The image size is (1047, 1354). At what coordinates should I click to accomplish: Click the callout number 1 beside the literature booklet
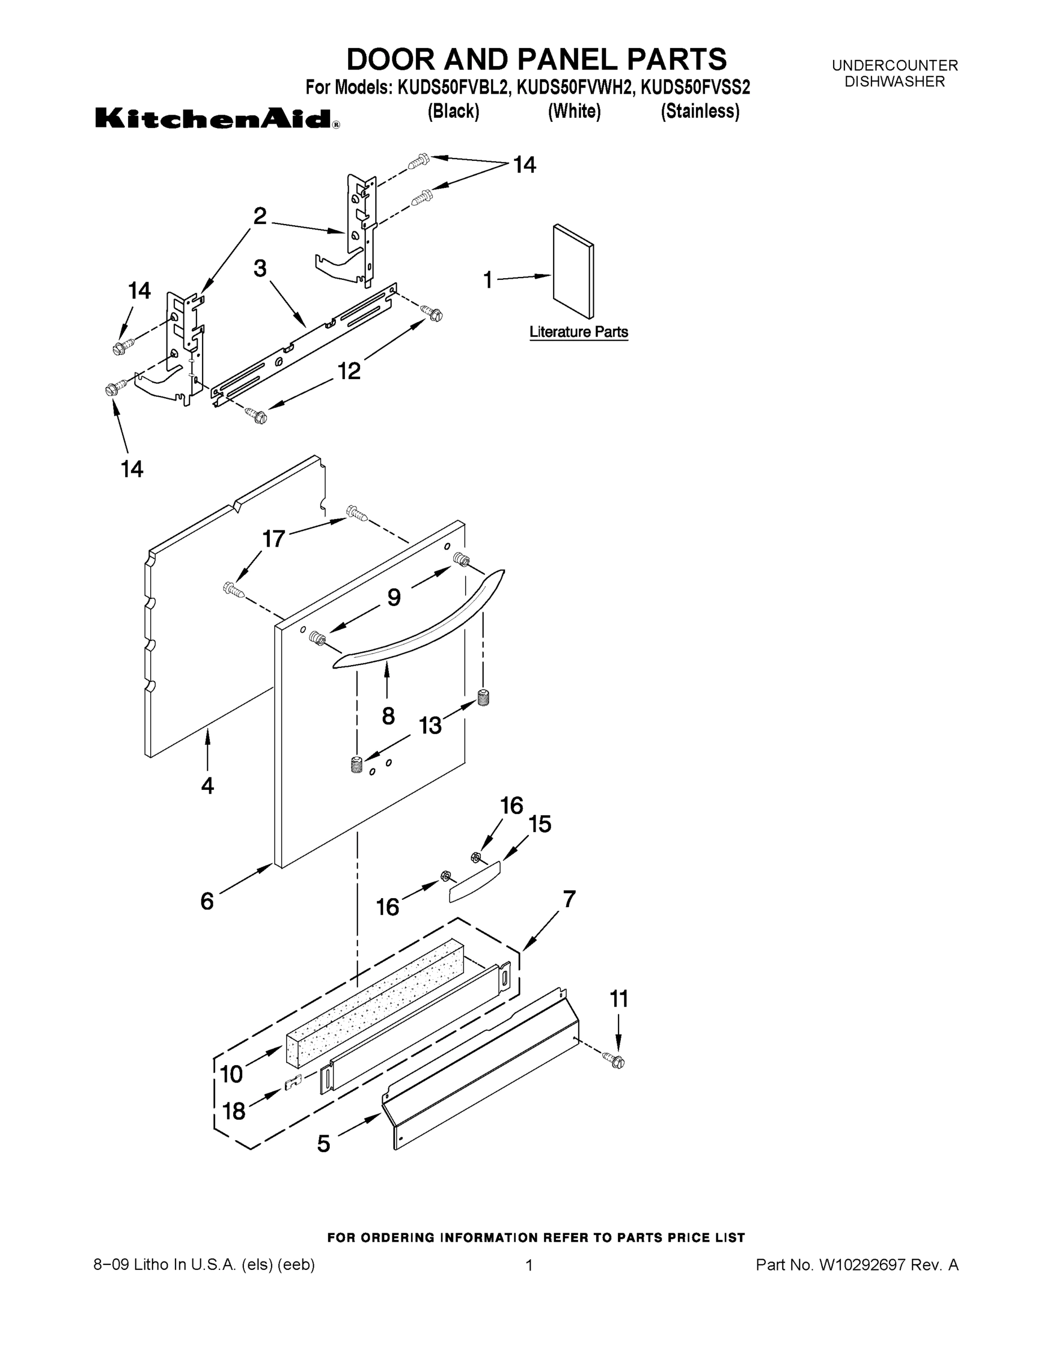(488, 280)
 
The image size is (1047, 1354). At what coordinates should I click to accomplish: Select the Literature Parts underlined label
(578, 332)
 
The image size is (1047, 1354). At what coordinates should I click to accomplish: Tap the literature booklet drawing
(573, 271)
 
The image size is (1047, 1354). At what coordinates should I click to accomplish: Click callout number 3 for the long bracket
(260, 269)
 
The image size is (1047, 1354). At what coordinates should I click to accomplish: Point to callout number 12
(349, 371)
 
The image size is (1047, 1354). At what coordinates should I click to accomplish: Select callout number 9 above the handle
(394, 597)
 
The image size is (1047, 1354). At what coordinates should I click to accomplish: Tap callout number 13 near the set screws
(430, 725)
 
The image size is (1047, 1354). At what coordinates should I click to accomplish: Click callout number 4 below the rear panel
(208, 785)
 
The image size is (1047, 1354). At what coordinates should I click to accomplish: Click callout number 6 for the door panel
(207, 901)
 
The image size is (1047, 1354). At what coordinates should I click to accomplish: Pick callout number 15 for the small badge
(540, 824)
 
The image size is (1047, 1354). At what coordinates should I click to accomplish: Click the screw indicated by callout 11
(617, 1061)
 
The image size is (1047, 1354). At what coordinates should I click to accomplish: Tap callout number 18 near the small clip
(233, 1111)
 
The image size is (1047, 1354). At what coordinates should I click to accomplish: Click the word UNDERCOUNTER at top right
(895, 65)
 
